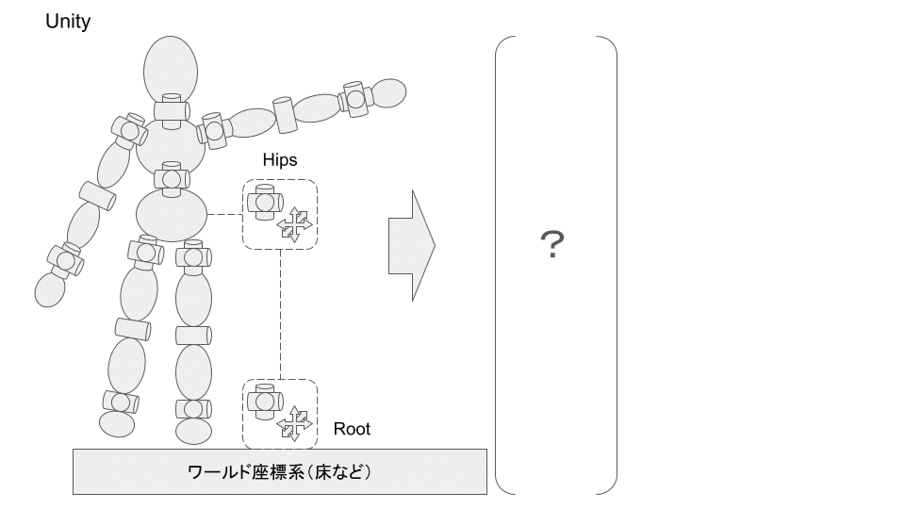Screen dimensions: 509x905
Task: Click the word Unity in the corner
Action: click(68, 22)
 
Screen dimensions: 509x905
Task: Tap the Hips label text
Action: click(279, 160)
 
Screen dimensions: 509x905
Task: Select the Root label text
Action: click(352, 429)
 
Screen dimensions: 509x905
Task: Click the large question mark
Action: click(553, 247)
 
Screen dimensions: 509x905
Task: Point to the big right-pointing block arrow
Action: click(411, 245)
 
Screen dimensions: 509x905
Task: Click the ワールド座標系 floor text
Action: click(279, 471)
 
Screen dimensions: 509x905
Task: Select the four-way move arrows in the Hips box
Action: click(294, 224)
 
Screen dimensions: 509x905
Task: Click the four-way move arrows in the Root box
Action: click(294, 423)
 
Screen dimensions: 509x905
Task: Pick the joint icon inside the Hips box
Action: click(264, 202)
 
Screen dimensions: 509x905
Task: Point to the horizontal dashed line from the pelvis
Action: click(224, 215)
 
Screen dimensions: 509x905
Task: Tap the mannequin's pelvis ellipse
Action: click(171, 216)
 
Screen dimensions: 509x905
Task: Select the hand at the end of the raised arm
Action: click(387, 92)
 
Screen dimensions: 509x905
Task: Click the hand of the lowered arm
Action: click(49, 289)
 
